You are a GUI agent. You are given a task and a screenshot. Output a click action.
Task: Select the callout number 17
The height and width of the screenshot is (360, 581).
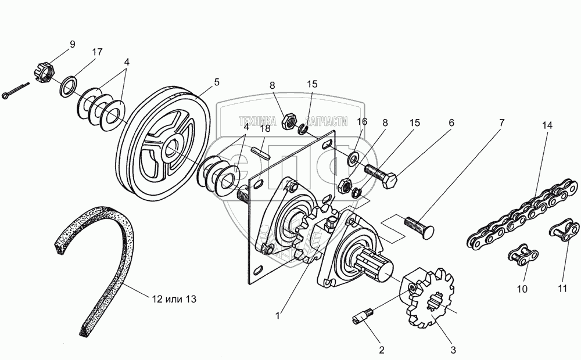(x=97, y=52)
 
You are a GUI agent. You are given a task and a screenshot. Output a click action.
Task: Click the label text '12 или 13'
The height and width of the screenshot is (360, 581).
(x=174, y=300)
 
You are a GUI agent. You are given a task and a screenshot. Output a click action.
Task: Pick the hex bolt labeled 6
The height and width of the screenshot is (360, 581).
(x=381, y=177)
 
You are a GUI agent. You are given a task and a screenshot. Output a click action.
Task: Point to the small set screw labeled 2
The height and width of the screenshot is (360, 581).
(x=361, y=317)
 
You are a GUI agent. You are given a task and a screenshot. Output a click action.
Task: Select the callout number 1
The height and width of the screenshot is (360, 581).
(x=278, y=316)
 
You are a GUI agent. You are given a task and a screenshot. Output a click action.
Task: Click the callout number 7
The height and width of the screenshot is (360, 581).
(x=501, y=123)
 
